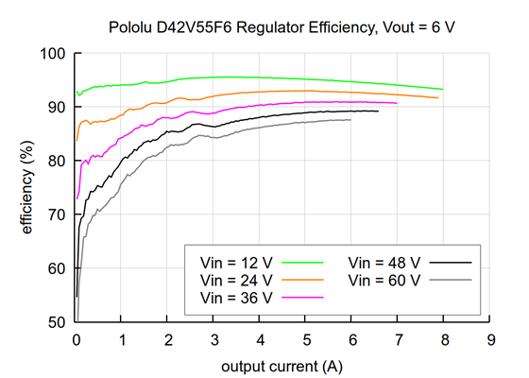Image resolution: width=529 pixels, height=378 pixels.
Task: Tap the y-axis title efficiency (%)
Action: pyautogui.click(x=27, y=187)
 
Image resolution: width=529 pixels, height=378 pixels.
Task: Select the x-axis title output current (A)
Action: pyautogui.click(x=283, y=365)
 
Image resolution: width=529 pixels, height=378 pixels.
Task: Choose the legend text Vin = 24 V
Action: pyautogui.click(x=236, y=281)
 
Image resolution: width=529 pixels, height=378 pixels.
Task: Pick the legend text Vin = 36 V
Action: pyautogui.click(x=236, y=298)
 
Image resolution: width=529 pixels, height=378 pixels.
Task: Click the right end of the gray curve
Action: pyautogui.click(x=350, y=120)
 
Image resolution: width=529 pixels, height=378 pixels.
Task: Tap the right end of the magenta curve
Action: pyautogui.click(x=397, y=103)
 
